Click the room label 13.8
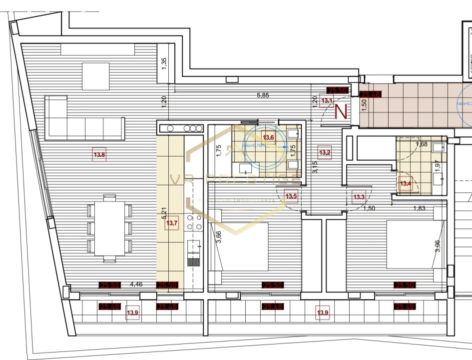(99, 155)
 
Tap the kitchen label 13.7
(171, 223)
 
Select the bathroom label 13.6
(269, 138)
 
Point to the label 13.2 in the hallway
(325, 153)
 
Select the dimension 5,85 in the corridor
(263, 95)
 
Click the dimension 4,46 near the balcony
(136, 285)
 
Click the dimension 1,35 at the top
(164, 63)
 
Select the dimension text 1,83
(420, 208)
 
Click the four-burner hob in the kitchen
(194, 224)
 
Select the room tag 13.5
(291, 196)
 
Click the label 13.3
(359, 197)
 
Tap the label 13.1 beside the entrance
(327, 100)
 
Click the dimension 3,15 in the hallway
(315, 166)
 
